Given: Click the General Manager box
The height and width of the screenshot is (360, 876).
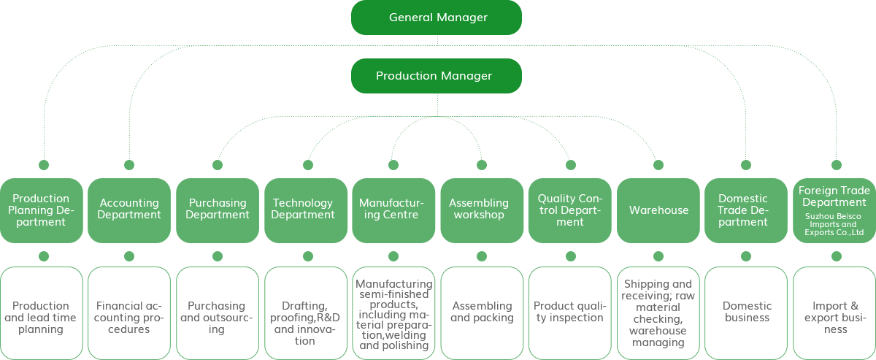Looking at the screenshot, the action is pos(437,18).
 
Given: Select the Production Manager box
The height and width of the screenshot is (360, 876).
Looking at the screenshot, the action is pos(437,76).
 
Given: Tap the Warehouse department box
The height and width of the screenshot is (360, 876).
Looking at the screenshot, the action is pos(658,210).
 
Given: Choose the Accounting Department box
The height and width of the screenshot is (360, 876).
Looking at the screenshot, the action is pos(129,210).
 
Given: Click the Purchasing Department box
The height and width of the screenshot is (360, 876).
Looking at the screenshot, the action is pos(218,210).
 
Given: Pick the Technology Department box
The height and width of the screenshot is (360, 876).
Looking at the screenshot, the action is pos(306,210).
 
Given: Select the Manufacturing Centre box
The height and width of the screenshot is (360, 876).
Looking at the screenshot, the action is pos(393,210).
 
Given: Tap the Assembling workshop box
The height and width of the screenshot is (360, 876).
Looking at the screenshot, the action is pos(482,210).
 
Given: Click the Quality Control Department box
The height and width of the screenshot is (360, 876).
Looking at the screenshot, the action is pos(570,210).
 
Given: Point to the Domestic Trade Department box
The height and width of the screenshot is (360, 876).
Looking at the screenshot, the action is pos(746,210).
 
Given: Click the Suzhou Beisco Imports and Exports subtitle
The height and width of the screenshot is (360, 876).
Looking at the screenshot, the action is pos(834,224).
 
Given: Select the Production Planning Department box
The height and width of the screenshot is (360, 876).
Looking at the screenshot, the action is pos(42,210).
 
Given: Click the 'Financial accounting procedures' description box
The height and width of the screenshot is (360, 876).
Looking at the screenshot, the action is pos(129,313).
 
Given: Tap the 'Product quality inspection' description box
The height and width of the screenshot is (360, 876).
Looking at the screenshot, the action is pos(570,313).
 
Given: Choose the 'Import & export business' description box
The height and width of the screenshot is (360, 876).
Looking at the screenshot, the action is pos(834,313).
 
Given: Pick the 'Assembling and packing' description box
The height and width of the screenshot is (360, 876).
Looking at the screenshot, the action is pos(482,313).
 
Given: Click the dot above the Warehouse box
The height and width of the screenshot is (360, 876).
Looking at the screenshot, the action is pos(658,165).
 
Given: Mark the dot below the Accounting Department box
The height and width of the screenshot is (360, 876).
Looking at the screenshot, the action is pos(129,256).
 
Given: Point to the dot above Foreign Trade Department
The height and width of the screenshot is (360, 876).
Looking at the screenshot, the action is pos(837,165).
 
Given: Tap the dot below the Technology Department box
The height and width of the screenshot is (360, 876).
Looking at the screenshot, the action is pos(308,256).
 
